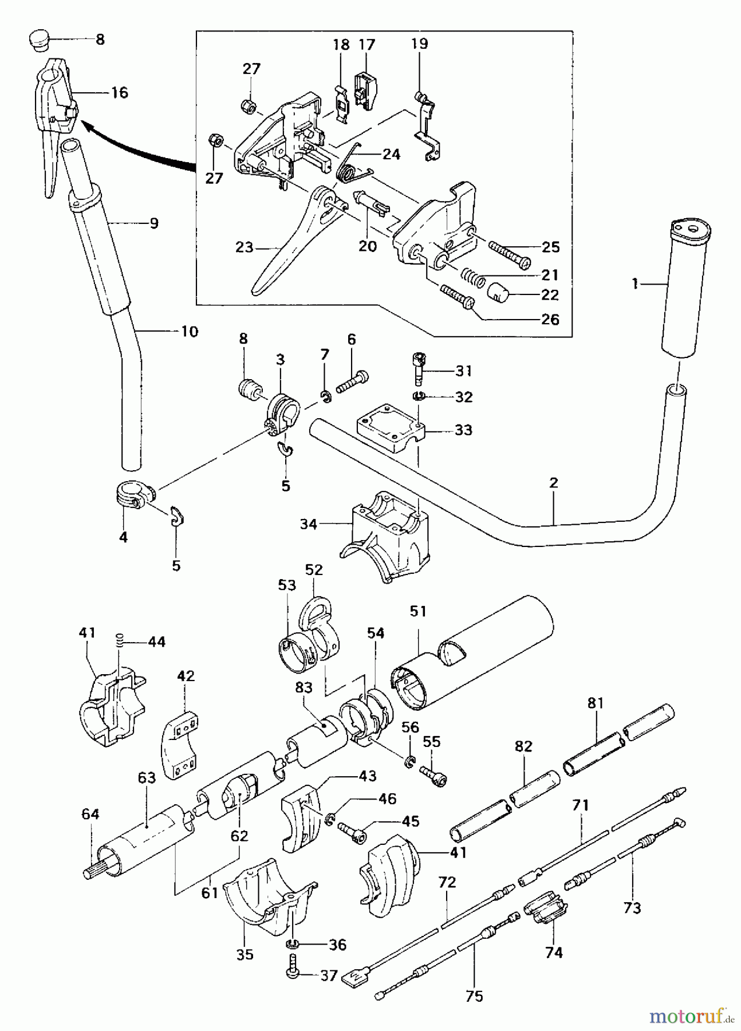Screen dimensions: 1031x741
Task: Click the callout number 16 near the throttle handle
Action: coord(119,93)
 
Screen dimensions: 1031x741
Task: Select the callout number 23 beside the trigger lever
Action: coord(244,247)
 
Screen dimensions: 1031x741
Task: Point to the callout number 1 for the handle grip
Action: coord(634,284)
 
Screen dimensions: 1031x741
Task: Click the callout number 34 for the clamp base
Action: coord(308,524)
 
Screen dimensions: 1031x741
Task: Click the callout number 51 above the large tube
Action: coord(418,611)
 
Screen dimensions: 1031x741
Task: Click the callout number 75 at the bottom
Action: coord(474,996)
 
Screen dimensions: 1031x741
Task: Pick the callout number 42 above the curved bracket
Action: coord(186,676)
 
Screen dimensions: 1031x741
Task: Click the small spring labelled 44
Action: coord(120,640)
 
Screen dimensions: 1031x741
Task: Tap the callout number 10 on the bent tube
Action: coord(189,332)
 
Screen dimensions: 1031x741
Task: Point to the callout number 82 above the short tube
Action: coord(523,746)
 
